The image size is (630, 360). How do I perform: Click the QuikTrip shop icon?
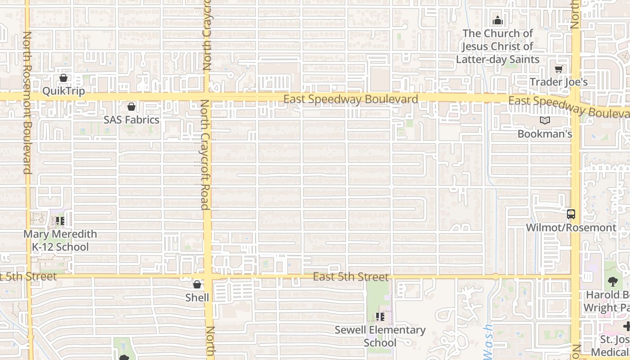tap(63, 78)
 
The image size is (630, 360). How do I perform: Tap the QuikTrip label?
tap(63, 91)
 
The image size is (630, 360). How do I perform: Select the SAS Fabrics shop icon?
tap(131, 107)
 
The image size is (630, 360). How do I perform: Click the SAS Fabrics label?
tap(131, 120)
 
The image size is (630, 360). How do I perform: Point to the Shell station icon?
tap(197, 284)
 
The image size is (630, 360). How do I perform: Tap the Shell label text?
tap(197, 297)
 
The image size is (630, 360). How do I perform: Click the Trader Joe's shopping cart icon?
tap(558, 69)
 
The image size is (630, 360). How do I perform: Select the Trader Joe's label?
tap(558, 82)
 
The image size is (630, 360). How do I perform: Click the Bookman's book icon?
tap(545, 121)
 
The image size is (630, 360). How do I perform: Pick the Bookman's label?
tap(544, 134)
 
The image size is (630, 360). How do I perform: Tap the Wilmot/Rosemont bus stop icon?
tap(571, 214)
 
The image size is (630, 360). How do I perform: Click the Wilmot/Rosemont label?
tap(571, 227)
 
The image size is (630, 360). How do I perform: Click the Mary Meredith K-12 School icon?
tap(60, 221)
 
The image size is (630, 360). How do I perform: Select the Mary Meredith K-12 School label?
tap(60, 240)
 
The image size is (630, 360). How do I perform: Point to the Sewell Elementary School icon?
tap(380, 317)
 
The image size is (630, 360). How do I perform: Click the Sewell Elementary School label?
tap(380, 336)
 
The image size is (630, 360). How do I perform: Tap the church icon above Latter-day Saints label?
tap(497, 20)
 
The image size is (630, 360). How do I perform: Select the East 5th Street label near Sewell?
tap(351, 277)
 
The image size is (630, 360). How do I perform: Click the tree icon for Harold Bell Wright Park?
tap(612, 282)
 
